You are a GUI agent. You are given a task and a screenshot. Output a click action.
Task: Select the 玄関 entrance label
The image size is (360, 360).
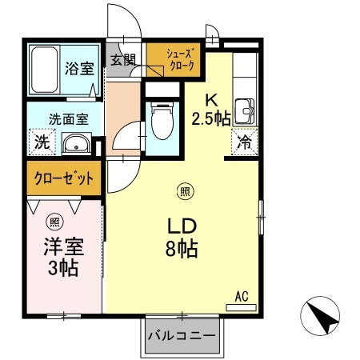[123, 59]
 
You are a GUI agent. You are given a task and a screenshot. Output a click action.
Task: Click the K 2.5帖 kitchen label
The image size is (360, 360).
[211, 110]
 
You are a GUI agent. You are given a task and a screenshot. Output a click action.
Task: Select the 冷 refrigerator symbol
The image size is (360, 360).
[243, 143]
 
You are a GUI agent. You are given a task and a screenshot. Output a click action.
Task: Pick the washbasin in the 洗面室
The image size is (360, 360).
[75, 145]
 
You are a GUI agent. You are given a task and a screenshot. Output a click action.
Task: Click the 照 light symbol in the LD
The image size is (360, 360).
[184, 190]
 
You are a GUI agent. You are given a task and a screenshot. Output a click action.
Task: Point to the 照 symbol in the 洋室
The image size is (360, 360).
[54, 222]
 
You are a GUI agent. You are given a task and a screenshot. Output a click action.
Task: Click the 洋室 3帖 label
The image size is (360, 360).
[61, 256]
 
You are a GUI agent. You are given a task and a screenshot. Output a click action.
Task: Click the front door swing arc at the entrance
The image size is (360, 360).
[128, 20]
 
